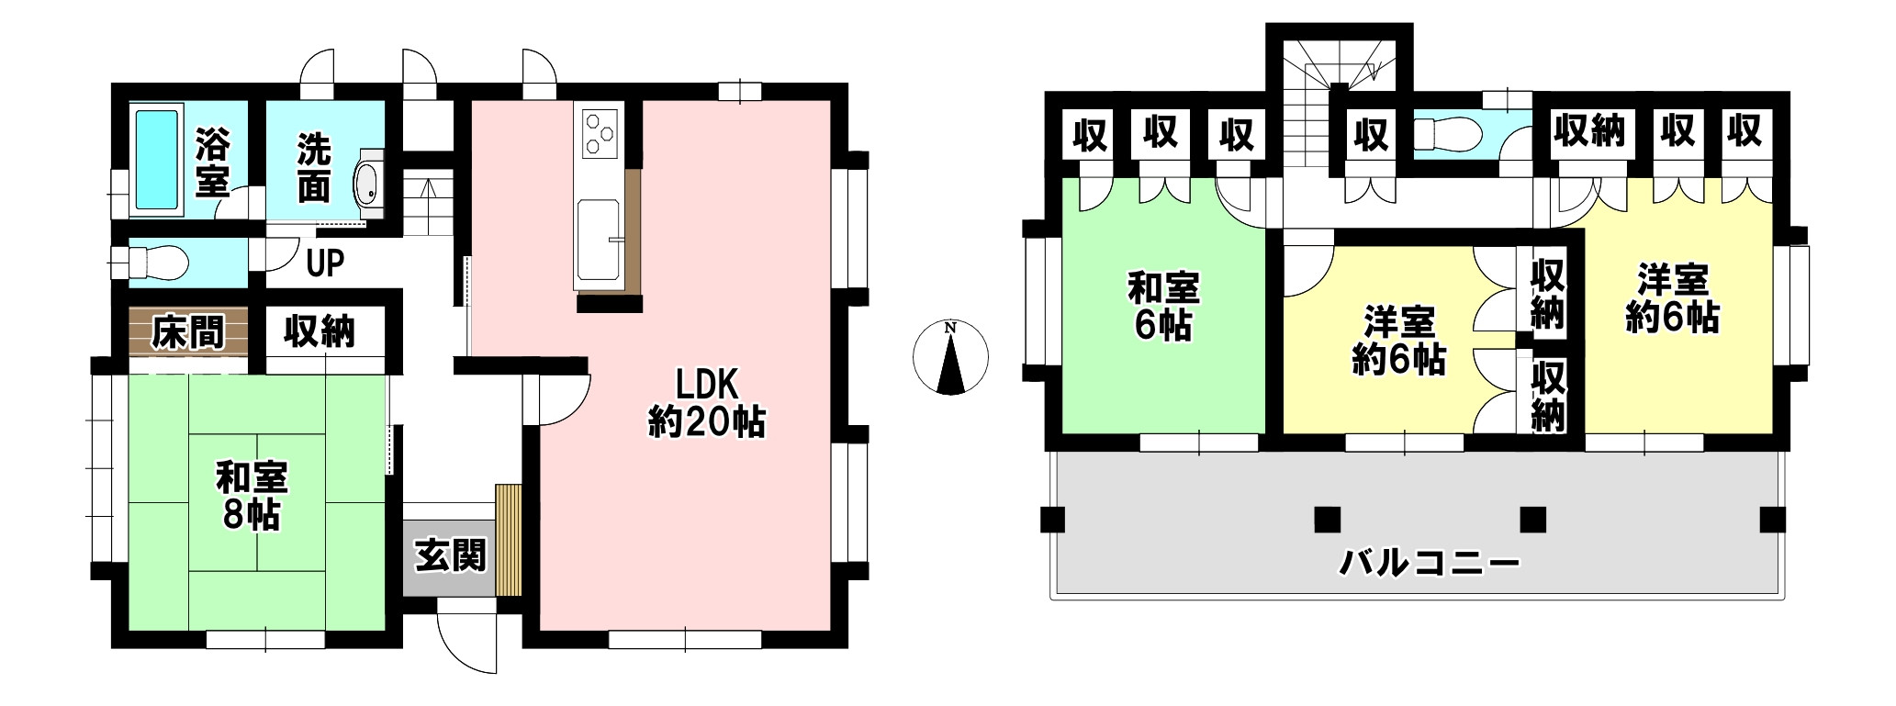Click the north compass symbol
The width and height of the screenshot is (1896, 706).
[951, 358]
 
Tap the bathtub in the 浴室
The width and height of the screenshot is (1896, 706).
[156, 161]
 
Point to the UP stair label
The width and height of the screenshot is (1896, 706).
[325, 264]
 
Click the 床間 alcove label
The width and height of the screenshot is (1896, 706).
[187, 331]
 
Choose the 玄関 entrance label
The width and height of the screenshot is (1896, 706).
[450, 556]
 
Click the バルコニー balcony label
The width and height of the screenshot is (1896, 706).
[1429, 561]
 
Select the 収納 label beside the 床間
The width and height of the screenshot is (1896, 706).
[319, 331]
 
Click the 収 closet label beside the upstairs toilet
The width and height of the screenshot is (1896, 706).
[1371, 136]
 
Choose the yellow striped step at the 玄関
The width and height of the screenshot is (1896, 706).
[508, 540]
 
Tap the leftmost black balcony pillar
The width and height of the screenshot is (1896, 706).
[1052, 520]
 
